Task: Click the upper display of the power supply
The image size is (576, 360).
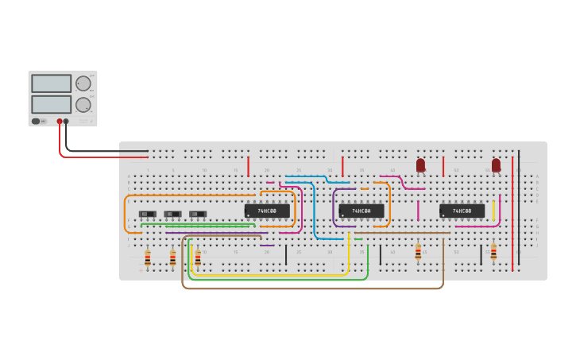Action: [x=51, y=83]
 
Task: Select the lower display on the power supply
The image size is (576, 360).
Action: [x=51, y=104]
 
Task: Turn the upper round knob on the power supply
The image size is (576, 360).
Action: [x=83, y=83]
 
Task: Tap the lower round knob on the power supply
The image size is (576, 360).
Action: [x=83, y=104]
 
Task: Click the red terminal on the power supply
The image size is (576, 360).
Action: [x=60, y=122]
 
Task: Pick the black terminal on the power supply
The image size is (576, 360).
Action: [x=66, y=122]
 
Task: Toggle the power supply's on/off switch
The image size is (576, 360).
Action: [x=36, y=122]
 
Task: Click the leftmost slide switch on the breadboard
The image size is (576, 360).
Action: [x=148, y=214]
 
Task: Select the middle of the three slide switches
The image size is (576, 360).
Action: [x=172, y=214]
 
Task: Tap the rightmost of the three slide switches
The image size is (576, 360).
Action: [x=198, y=214]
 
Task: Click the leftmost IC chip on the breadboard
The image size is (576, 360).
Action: [x=267, y=211]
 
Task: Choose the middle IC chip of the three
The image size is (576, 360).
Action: [x=361, y=211]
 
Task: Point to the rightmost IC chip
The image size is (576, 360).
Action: [x=462, y=211]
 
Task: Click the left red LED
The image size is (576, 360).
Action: [x=420, y=165]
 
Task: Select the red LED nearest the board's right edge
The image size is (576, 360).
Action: [x=496, y=165]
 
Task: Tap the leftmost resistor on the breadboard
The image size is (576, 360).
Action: [x=148, y=257]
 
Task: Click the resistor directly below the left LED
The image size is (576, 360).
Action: [x=418, y=252]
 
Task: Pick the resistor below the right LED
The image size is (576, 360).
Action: [x=493, y=252]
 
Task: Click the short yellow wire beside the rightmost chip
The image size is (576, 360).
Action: [x=493, y=210]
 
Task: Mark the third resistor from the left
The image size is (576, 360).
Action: [x=198, y=257]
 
